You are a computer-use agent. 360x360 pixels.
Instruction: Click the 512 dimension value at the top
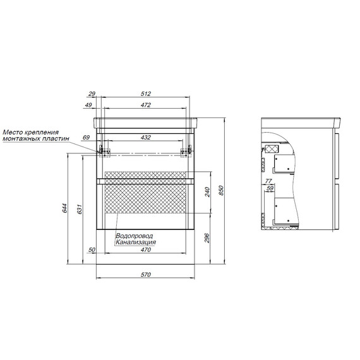146,93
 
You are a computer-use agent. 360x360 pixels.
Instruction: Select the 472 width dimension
146,105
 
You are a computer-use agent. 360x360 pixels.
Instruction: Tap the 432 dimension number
146,137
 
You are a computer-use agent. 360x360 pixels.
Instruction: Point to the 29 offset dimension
92,93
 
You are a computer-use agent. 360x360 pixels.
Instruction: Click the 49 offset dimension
88,105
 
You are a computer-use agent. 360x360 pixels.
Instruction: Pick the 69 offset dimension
86,137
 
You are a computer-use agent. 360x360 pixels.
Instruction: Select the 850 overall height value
221,190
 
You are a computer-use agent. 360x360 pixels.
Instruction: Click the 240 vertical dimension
207,192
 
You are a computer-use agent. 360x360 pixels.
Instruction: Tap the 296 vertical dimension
207,238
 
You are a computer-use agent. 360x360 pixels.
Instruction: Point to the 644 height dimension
65,208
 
